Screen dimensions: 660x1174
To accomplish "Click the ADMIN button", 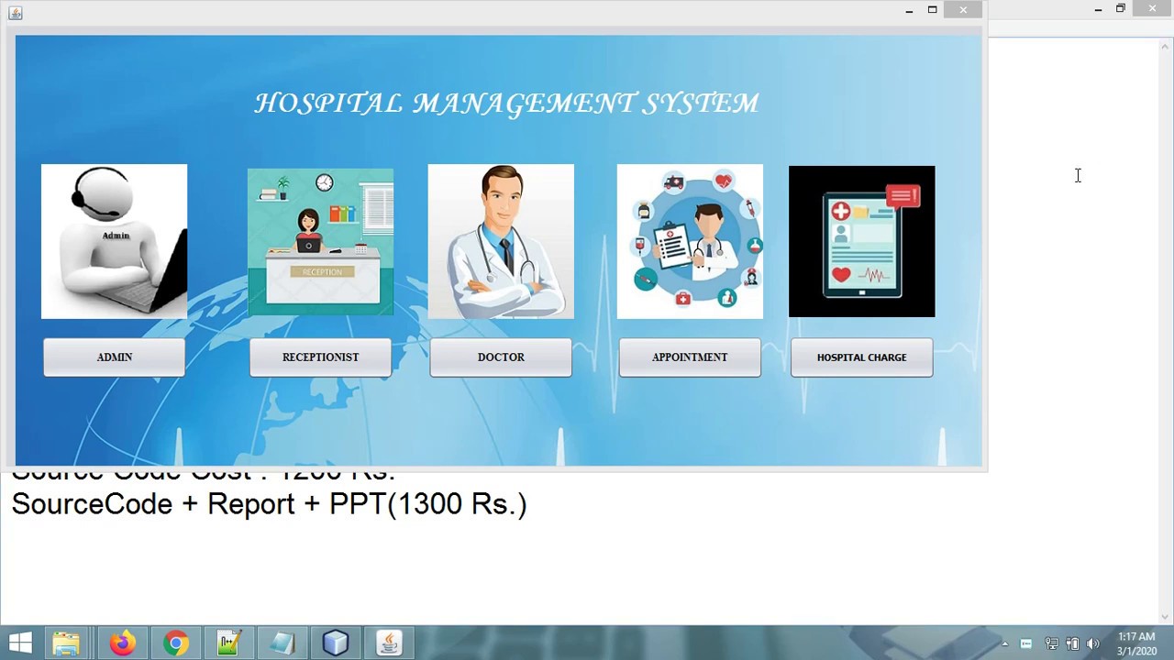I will pyautogui.click(x=115, y=357).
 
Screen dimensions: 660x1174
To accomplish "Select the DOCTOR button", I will pyautogui.click(x=501, y=357).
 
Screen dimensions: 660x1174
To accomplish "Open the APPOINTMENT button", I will pyautogui.click(x=690, y=357).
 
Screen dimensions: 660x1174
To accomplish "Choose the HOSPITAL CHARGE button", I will pyautogui.click(x=861, y=357).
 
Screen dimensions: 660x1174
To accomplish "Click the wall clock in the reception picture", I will pyautogui.click(x=325, y=183).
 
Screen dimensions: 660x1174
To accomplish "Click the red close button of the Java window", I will pyautogui.click(x=963, y=10).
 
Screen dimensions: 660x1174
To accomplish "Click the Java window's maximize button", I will pyautogui.click(x=932, y=10).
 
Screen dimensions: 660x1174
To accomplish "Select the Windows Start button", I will pyautogui.click(x=20, y=643).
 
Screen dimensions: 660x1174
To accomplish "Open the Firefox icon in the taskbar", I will pyautogui.click(x=122, y=643).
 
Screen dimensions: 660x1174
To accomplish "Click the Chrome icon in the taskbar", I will pyautogui.click(x=175, y=643).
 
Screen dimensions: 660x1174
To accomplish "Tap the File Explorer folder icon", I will pyautogui.click(x=66, y=643).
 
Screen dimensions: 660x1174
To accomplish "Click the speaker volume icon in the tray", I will pyautogui.click(x=1092, y=643).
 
